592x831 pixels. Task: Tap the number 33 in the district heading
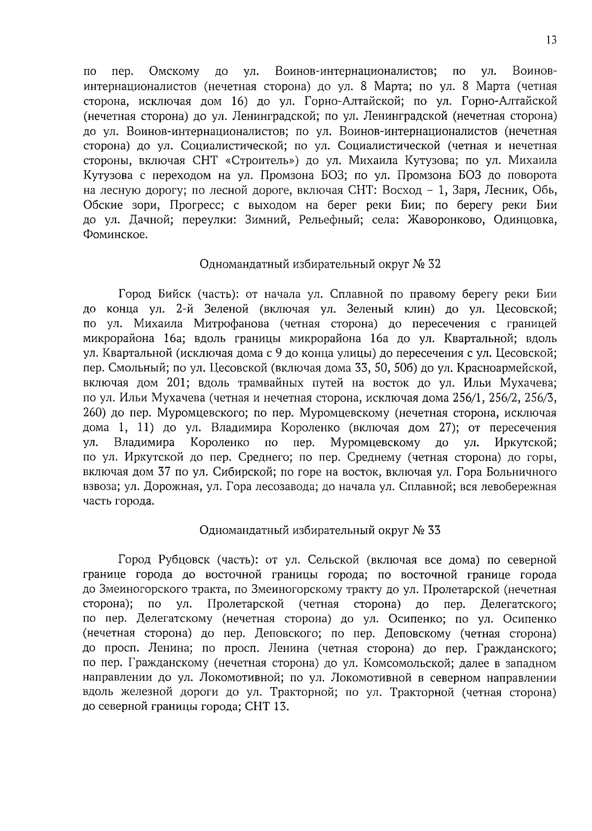coord(433,531)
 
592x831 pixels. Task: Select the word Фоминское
coord(115,235)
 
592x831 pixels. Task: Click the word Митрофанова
coord(231,324)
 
